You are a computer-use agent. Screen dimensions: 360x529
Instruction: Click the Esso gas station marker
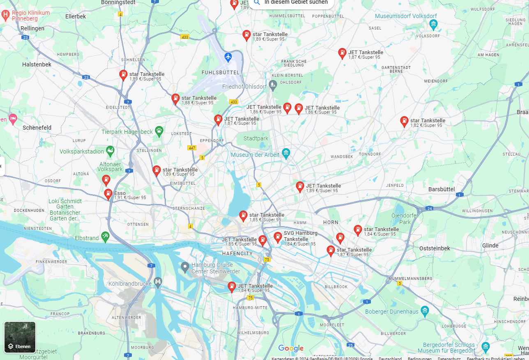108,193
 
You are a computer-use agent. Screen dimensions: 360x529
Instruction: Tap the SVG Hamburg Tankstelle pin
278,236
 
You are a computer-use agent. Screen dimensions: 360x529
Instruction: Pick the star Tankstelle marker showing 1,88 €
175,99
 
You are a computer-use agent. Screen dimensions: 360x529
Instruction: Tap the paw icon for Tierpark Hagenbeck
159,131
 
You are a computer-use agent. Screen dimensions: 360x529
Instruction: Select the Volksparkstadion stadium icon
110,151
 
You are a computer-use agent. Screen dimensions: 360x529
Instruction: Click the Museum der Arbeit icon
286,154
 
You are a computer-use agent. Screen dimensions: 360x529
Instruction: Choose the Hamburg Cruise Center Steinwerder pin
185,267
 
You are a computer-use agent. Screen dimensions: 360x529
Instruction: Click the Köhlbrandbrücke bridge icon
158,282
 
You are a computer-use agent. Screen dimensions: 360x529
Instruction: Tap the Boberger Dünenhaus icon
425,311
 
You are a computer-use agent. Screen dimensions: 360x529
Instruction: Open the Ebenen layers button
20,337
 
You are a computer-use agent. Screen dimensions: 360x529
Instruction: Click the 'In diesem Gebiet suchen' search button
292,2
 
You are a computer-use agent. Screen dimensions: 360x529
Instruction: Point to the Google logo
291,349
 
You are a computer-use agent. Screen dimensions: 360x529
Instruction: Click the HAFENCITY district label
237,254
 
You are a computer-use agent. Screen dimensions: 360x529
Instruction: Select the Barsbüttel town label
442,189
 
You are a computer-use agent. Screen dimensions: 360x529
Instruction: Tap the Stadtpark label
256,138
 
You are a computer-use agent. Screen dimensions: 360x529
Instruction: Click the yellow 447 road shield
191,148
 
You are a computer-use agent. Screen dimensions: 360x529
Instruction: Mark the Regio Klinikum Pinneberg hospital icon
5,16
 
